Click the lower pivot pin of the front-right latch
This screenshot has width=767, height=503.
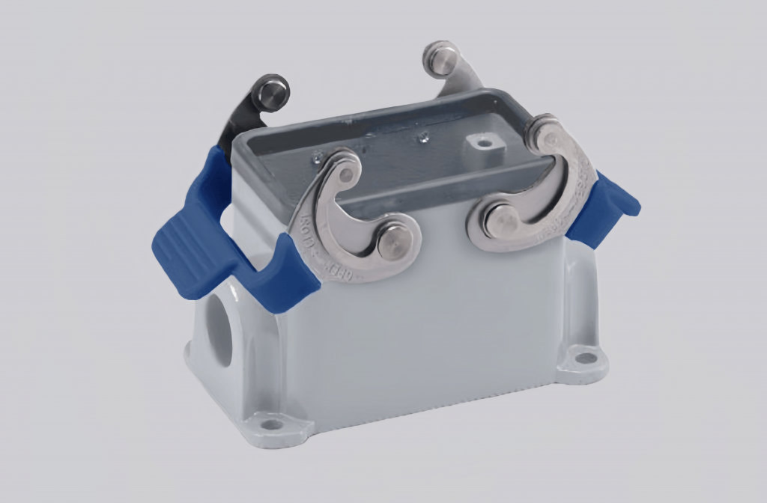(x=500, y=221)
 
